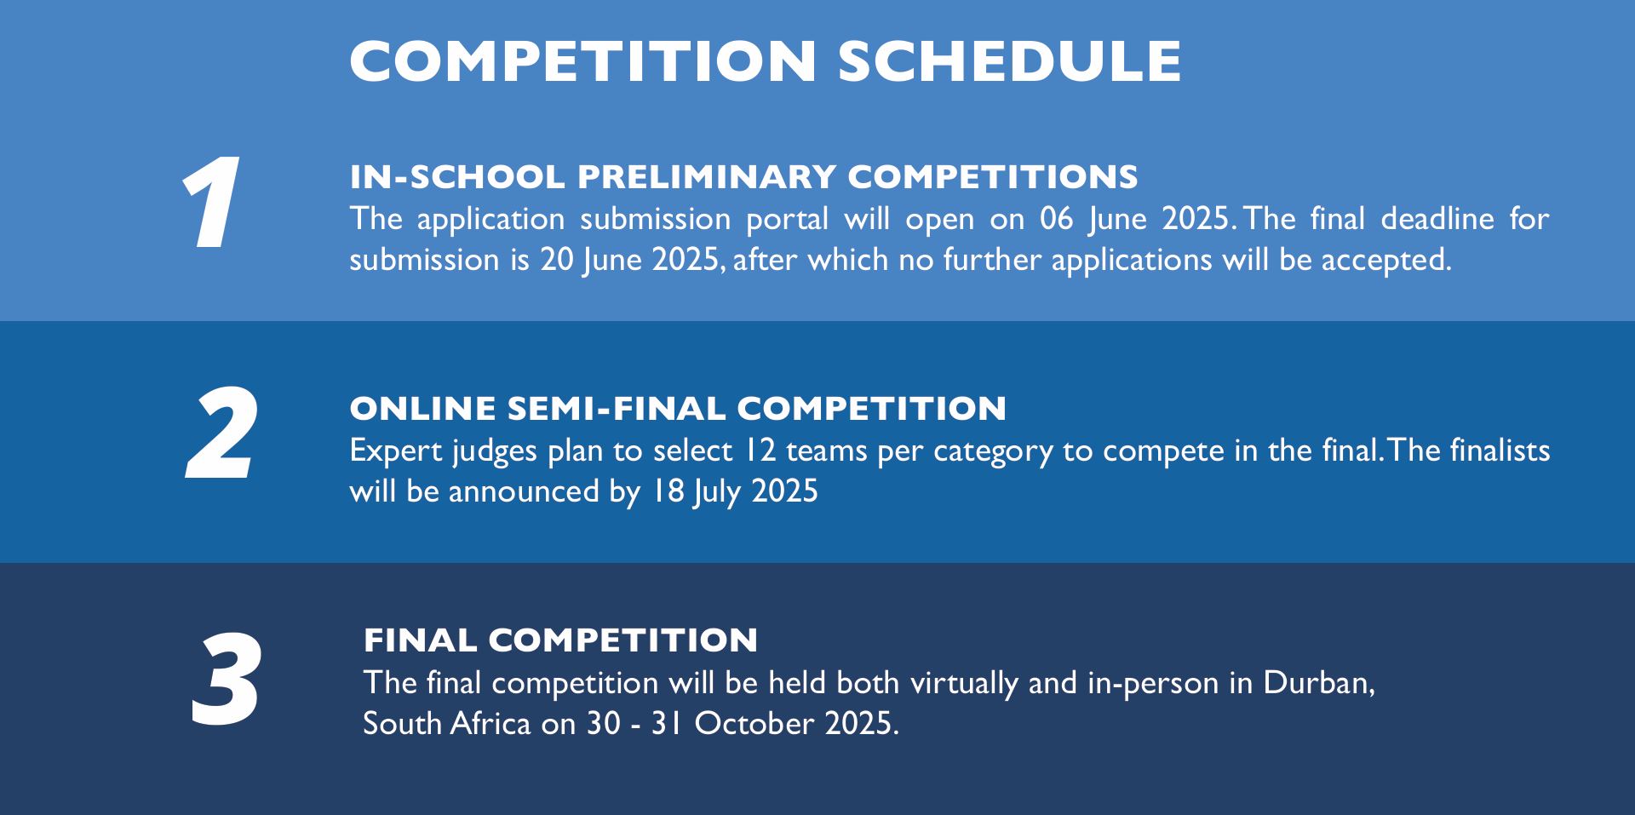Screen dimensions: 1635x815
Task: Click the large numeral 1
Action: (209, 204)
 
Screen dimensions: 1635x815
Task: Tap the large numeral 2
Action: (222, 434)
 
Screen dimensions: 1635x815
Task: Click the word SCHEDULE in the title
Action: (1010, 60)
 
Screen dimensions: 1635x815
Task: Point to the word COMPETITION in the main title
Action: (583, 60)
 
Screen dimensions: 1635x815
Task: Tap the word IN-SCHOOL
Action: (457, 177)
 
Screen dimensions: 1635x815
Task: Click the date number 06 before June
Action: (1057, 219)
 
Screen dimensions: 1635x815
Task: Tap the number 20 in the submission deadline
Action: (557, 260)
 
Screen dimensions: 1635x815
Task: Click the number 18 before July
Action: (668, 491)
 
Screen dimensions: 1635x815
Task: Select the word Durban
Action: (1319, 683)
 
